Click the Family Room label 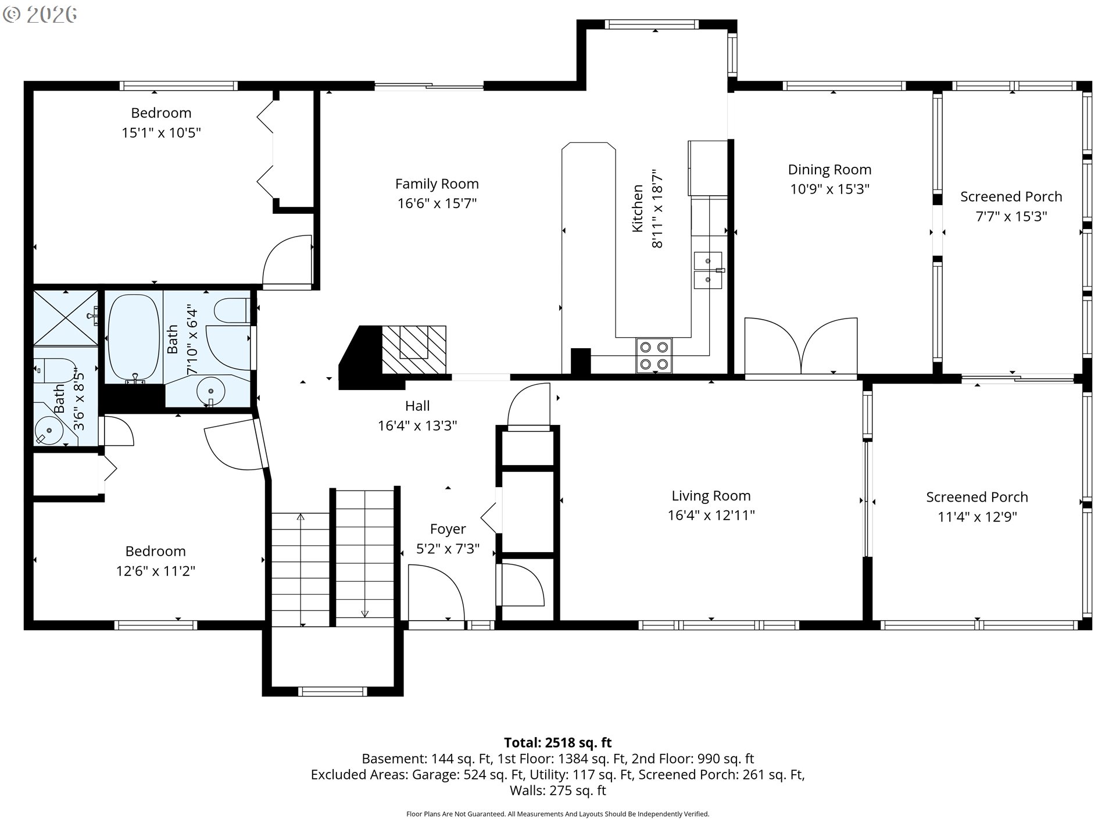pos(437,184)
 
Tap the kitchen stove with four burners pos(654,355)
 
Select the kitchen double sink pos(708,270)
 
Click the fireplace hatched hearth pos(414,349)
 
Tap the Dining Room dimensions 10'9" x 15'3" pos(829,189)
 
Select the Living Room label pos(711,496)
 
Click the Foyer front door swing pos(436,593)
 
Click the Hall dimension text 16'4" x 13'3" pos(417,425)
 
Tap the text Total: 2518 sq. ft pos(557,742)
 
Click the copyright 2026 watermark pos(40,14)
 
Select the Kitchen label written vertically pos(638,208)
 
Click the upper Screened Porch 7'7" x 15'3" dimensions pos(1011,216)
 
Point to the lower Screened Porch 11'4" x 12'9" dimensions pos(977,517)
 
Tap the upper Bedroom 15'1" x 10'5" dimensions pos(161,133)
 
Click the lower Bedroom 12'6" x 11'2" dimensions pos(155,571)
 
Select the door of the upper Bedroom pos(288,261)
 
